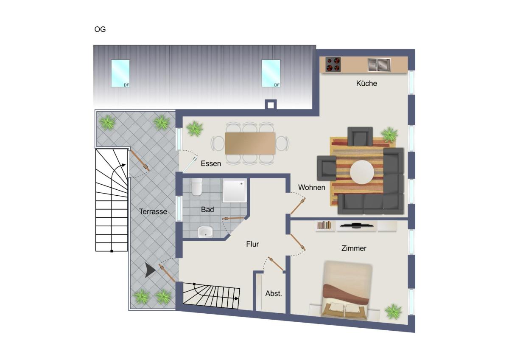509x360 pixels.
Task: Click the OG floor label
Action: tap(100, 29)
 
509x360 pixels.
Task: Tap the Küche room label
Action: tap(366, 83)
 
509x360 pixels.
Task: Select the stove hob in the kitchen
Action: tap(333, 65)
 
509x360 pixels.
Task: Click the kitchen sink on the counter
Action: tap(379, 65)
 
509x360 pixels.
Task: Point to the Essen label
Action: tap(211, 163)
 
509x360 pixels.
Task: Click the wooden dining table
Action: tap(250, 143)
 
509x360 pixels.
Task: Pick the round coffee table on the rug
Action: tap(362, 172)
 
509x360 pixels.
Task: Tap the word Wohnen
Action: tap(311, 187)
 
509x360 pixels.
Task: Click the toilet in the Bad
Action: tap(196, 187)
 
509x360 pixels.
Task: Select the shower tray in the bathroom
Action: tap(235, 191)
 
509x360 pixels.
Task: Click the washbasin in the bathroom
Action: tap(205, 232)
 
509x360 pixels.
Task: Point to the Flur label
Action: tap(252, 244)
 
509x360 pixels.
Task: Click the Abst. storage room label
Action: tap(273, 293)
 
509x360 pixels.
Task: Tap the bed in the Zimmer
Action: tap(346, 290)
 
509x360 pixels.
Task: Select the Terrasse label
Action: tap(153, 211)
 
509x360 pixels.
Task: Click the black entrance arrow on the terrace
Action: tap(150, 270)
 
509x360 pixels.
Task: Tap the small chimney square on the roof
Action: tap(271, 105)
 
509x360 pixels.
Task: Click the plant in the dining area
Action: tap(195, 129)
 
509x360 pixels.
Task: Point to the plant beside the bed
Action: tap(393, 311)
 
